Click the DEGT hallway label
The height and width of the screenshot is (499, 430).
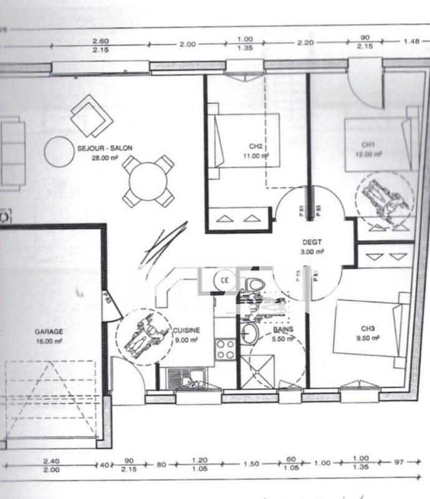click(x=312, y=242)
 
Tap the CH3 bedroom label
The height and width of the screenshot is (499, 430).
click(x=366, y=328)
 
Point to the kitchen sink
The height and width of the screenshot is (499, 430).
click(x=186, y=378)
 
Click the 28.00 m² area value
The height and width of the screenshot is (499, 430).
click(x=104, y=158)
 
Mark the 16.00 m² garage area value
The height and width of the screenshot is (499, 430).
click(x=49, y=342)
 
